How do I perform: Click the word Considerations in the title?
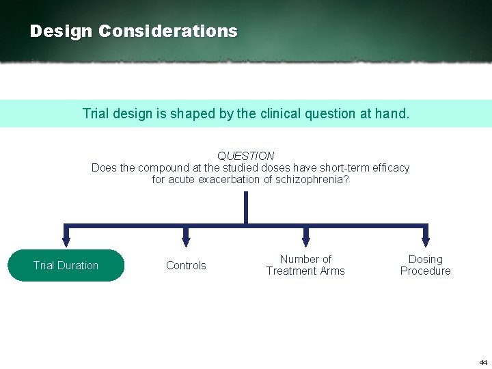(x=168, y=31)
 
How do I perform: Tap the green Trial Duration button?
(x=66, y=265)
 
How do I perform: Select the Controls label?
(x=186, y=265)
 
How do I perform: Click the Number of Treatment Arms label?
(x=305, y=265)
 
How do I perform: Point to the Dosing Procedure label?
(x=425, y=265)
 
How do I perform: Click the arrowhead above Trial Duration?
(x=66, y=241)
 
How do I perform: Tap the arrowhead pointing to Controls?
(x=186, y=241)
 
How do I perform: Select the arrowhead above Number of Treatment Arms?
(x=306, y=241)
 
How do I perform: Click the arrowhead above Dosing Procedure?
(x=426, y=241)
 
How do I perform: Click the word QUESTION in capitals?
(x=246, y=156)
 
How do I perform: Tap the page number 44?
(x=483, y=362)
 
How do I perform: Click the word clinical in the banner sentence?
(x=282, y=113)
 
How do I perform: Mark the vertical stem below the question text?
(x=246, y=207)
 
